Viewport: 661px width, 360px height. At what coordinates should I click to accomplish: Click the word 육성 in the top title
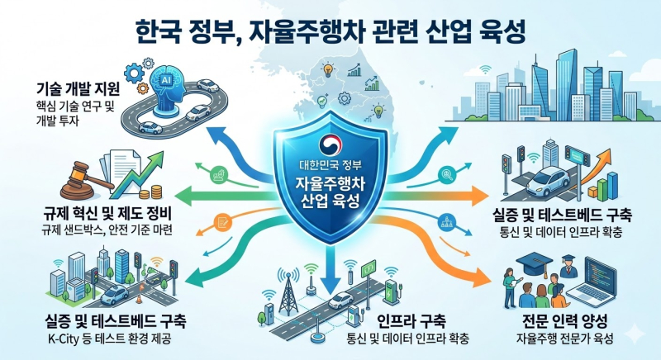[497, 33]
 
